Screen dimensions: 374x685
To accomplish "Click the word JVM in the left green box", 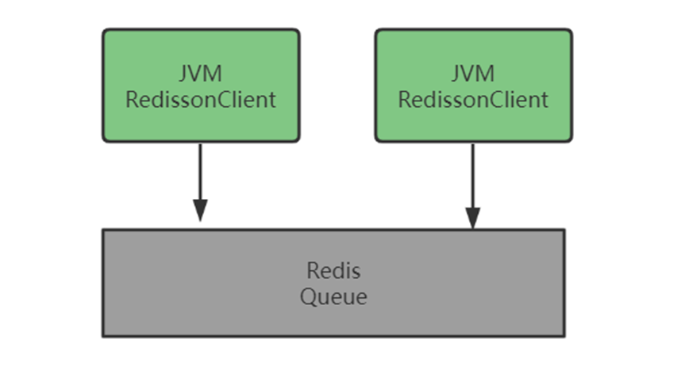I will pyautogui.click(x=201, y=74).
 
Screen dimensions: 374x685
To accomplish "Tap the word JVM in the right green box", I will pyautogui.click(x=473, y=74).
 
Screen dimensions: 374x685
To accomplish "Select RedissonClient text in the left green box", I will pyautogui.click(x=201, y=101).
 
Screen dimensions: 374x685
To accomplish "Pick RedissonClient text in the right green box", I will pyautogui.click(x=473, y=101).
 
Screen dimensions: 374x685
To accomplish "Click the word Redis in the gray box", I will pyautogui.click(x=333, y=271).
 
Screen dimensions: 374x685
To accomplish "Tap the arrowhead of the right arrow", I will pyautogui.click(x=473, y=217).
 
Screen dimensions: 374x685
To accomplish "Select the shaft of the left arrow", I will pyautogui.click(x=200, y=170).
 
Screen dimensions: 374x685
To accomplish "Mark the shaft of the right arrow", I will pyautogui.click(x=473, y=174).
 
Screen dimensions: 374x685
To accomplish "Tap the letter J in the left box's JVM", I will pyautogui.click(x=184, y=74).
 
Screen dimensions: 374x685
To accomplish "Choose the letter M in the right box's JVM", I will pyautogui.click(x=486, y=74).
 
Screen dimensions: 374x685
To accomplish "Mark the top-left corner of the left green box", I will pyautogui.click(x=104, y=31).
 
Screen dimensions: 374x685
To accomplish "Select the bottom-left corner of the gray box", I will pyautogui.click(x=103, y=336).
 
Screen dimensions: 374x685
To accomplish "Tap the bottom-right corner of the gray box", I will pyautogui.click(x=564, y=336).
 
